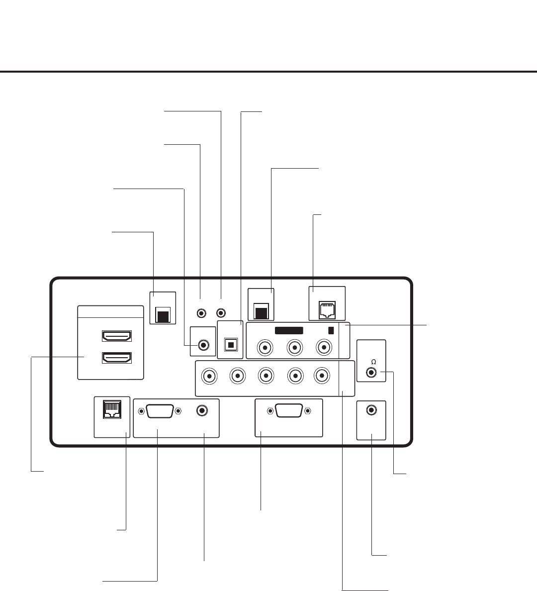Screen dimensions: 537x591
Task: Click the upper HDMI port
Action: point(116,336)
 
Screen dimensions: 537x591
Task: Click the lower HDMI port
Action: point(116,358)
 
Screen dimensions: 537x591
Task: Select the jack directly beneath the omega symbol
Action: point(371,372)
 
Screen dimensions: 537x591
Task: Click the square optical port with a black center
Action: point(230,344)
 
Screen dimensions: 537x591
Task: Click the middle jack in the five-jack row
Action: point(266,376)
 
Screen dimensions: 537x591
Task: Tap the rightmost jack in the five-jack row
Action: point(323,376)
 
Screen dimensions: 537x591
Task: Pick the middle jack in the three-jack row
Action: point(295,347)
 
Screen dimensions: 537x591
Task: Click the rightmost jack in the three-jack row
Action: point(325,347)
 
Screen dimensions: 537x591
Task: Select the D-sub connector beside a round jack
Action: point(160,411)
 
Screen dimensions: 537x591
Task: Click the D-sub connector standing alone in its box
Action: point(289,411)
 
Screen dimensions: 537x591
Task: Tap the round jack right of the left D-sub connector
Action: point(202,410)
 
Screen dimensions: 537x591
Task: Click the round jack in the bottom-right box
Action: point(371,410)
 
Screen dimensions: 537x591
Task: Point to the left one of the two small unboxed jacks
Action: point(201,313)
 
